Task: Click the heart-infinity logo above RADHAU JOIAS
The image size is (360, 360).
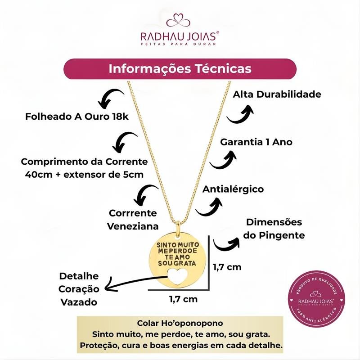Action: [178, 20]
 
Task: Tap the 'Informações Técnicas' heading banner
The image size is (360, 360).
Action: [180, 69]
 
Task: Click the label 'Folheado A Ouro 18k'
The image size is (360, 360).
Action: [76, 117]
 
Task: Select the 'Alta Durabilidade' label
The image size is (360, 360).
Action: [277, 94]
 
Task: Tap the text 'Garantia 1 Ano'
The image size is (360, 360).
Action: [256, 142]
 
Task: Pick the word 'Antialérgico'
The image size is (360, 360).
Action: [233, 189]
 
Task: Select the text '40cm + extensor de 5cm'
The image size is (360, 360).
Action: [84, 175]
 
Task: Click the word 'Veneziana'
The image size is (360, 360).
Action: [133, 226]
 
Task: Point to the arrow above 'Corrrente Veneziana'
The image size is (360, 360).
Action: [144, 195]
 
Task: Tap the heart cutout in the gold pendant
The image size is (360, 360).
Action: [178, 276]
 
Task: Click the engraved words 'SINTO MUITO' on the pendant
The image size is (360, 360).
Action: [178, 245]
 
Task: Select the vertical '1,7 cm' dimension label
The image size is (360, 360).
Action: [227, 267]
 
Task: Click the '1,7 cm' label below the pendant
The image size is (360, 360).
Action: [183, 299]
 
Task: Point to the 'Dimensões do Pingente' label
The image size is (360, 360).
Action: [274, 229]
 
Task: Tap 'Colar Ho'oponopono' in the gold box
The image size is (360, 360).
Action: [180, 323]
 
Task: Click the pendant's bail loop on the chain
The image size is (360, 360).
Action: [178, 228]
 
